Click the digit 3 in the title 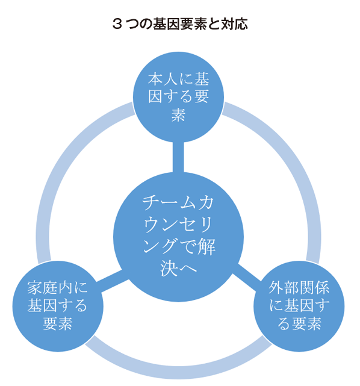point(117,24)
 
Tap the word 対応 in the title point(234,24)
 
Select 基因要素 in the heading point(180,24)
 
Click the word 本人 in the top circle point(163,79)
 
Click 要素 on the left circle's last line point(58,323)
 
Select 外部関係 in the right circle point(299,287)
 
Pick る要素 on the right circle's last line point(299,323)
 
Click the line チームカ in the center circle point(178,204)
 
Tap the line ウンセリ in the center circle point(178,225)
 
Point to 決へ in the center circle point(178,268)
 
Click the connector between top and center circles point(178,157)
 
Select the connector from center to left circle point(112,281)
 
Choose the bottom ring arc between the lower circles point(178,373)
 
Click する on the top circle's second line point(178,96)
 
